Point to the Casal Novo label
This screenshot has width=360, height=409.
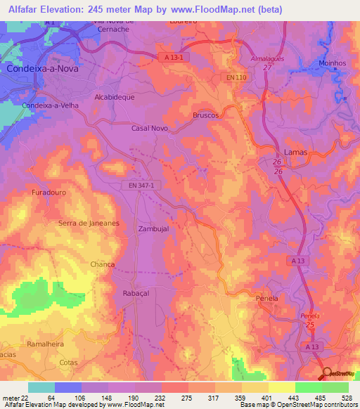[x=150, y=129]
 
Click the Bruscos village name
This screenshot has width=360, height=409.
[x=206, y=115]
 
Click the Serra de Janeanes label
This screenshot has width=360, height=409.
[x=88, y=223]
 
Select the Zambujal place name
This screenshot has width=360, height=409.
[x=154, y=229]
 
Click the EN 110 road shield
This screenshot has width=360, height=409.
[x=238, y=76]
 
